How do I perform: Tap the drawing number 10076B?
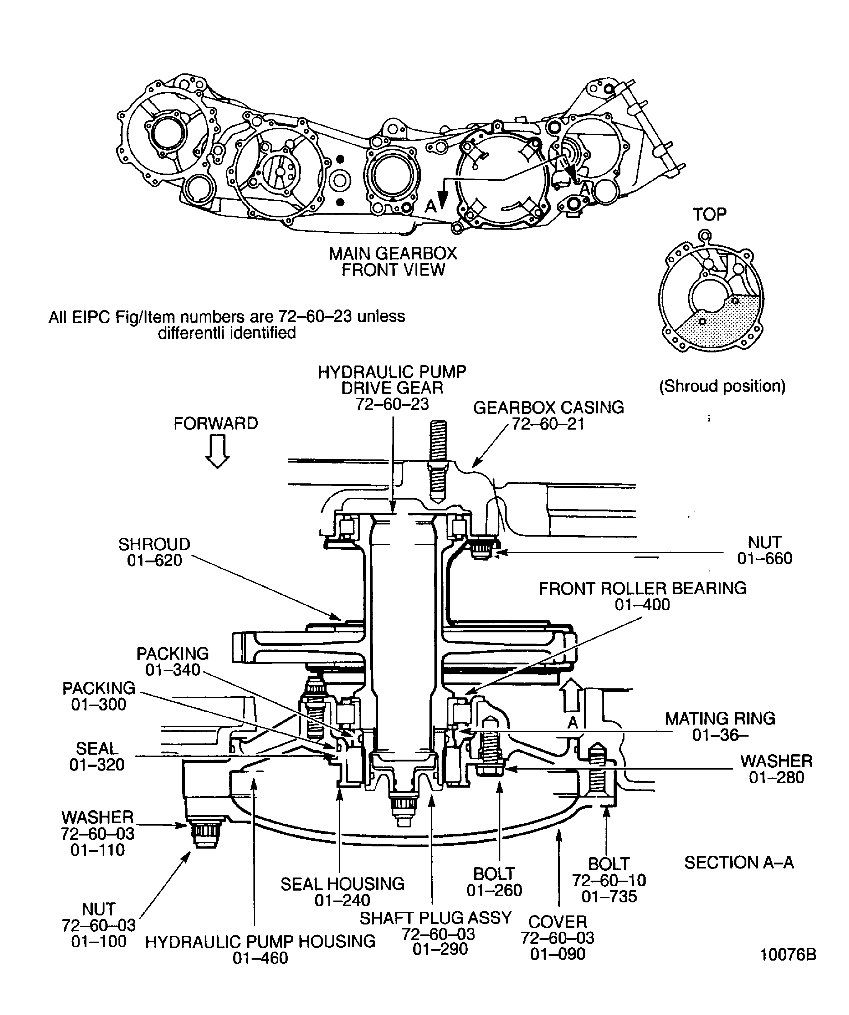[x=788, y=955]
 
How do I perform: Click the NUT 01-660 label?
[x=764, y=550]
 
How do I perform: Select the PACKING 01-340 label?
[x=173, y=661]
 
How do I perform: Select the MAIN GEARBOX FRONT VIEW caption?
[x=392, y=262]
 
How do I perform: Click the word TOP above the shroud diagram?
[x=709, y=214]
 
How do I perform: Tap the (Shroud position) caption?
[x=722, y=386]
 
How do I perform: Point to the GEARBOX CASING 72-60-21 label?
[x=549, y=415]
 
